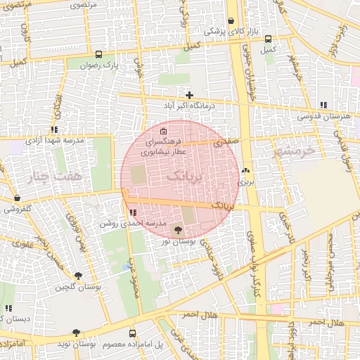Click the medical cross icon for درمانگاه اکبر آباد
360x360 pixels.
(189, 95)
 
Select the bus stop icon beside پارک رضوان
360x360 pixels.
(98, 54)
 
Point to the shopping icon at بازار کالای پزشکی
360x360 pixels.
(231, 21)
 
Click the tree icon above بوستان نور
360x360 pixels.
(176, 230)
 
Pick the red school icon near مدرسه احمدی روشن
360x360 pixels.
(134, 212)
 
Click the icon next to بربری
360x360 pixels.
(245, 171)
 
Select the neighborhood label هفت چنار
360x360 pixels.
(59, 174)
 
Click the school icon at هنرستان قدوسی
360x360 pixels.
(323, 105)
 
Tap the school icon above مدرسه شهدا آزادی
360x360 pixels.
(54, 129)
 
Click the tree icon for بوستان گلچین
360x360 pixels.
(77, 276)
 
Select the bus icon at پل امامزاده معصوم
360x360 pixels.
(132, 333)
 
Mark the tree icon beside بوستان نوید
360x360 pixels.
(76, 333)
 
